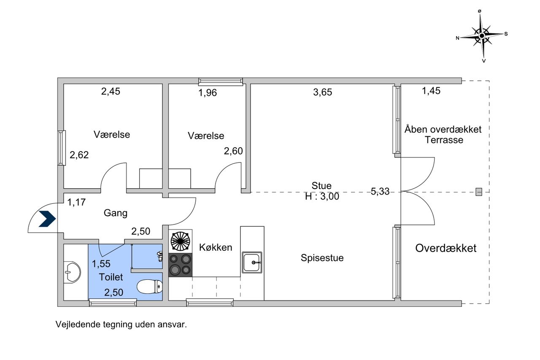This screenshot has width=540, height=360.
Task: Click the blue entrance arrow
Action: pyautogui.click(x=47, y=219)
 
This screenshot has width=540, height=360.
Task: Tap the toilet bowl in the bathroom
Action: pyautogui.click(x=150, y=287)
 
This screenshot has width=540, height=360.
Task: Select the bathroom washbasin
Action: pyautogui.click(x=72, y=272)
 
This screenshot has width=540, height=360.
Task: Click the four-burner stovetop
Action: pyautogui.click(x=180, y=265)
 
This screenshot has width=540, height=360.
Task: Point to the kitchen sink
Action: pyautogui.click(x=252, y=263)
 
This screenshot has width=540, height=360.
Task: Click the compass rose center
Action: pyautogui.click(x=482, y=36)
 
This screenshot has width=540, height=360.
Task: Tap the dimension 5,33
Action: pyautogui.click(x=380, y=192)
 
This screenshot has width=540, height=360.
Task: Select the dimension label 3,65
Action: pyautogui.click(x=323, y=92)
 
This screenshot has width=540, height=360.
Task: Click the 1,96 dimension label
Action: pyautogui.click(x=208, y=92)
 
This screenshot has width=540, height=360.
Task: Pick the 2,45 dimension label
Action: pyautogui.click(x=111, y=92)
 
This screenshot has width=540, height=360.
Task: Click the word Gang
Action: pyautogui.click(x=116, y=213)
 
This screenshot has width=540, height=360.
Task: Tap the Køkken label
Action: pyautogui.click(x=216, y=247)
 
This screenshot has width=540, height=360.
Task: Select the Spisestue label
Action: pyautogui.click(x=322, y=258)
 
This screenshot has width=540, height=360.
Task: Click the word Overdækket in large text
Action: pyautogui.click(x=446, y=248)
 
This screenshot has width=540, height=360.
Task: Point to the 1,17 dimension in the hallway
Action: pyautogui.click(x=76, y=202)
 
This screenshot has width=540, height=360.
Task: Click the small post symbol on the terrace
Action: pyautogui.click(x=479, y=192)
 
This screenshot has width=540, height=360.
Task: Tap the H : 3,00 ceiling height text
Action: pyautogui.click(x=322, y=197)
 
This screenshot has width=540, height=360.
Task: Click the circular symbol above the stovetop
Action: pyautogui.click(x=180, y=241)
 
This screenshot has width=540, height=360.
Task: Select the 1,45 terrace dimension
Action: pyautogui.click(x=431, y=91)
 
